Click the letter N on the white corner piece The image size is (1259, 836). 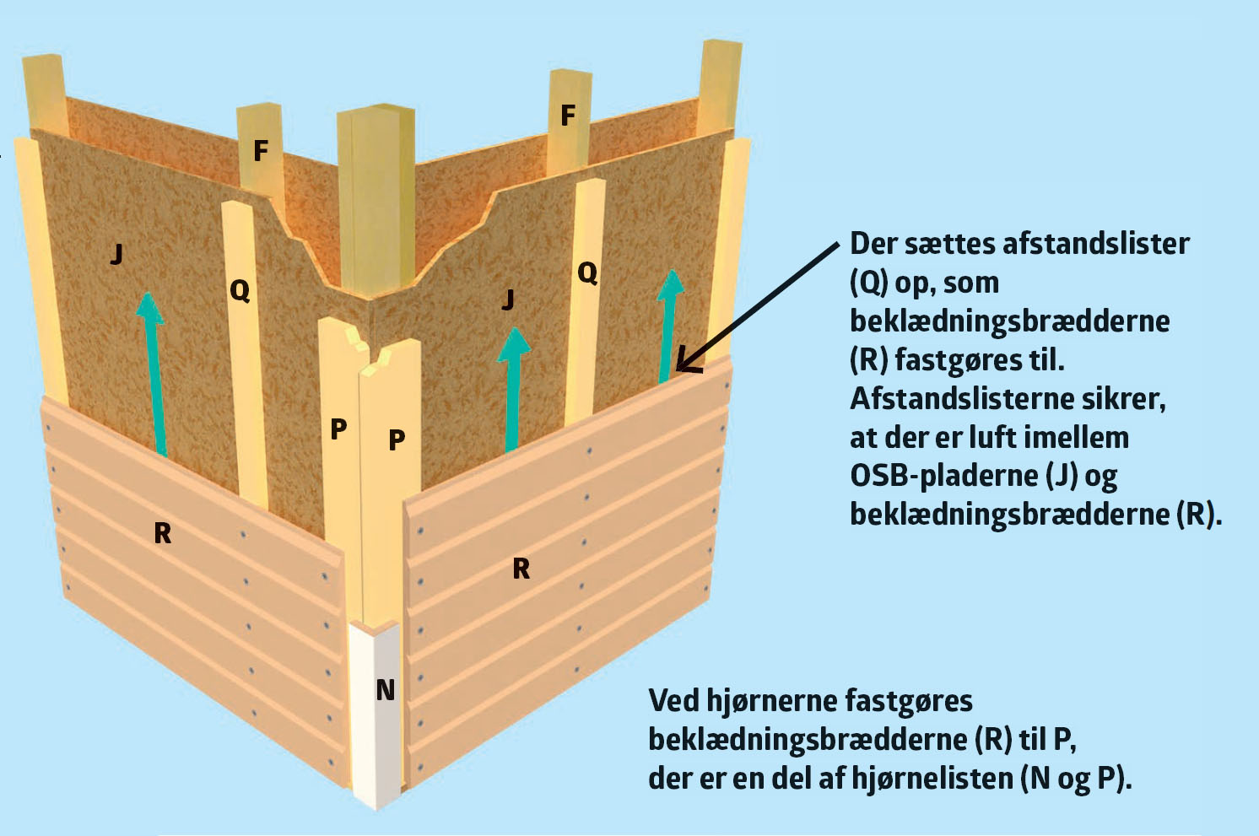click(386, 691)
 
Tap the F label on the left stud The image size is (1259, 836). click(261, 151)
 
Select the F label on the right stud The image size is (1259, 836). click(568, 115)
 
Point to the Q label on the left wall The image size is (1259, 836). click(240, 291)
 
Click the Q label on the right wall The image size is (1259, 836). click(587, 272)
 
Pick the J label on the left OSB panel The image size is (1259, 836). click(117, 253)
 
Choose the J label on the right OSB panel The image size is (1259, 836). click(507, 299)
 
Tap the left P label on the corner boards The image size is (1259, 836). click(338, 429)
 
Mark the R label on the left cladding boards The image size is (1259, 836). click(163, 533)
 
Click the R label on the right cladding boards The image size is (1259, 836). click(521, 569)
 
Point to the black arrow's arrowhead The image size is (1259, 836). click(685, 363)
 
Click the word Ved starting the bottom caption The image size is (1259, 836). click(673, 700)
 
